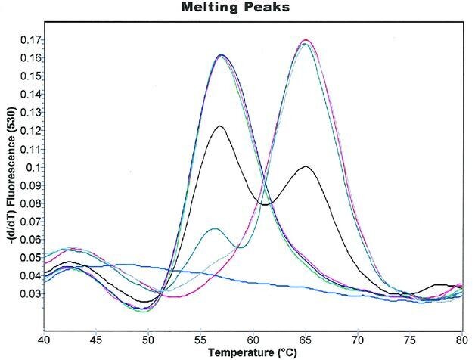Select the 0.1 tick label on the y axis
click(33, 167)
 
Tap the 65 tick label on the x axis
click(305, 338)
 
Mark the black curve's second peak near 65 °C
click(305, 166)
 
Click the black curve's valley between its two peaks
click(265, 204)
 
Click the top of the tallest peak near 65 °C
click(306, 40)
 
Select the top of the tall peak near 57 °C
click(222, 55)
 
